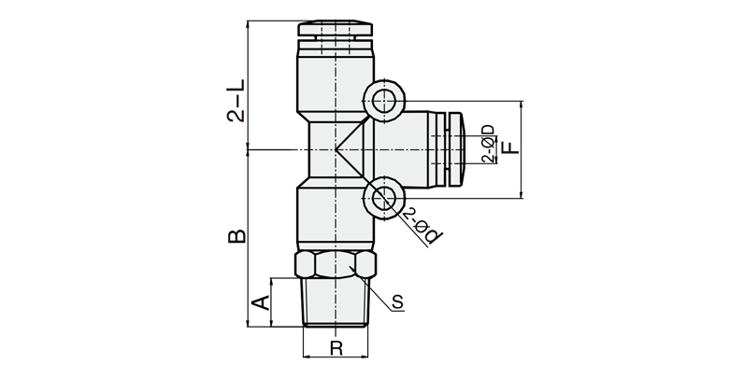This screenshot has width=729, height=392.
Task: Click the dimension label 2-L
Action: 236,101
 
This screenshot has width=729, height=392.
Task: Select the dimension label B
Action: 237,236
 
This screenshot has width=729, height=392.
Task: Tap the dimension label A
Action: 261,302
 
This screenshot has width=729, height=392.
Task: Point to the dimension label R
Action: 336,348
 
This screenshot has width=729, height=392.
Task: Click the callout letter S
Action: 397,302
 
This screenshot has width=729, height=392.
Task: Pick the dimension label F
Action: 511,147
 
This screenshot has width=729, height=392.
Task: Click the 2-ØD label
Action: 488,144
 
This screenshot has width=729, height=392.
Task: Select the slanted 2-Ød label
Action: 422,226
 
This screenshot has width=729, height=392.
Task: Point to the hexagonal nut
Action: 336,265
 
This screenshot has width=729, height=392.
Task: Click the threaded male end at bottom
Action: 336,302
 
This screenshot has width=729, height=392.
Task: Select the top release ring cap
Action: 336,28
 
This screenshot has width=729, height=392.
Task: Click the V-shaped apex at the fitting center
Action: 336,149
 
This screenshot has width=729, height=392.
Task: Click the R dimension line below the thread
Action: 336,357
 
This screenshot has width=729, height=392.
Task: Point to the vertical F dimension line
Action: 522,149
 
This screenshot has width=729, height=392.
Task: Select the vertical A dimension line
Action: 271,302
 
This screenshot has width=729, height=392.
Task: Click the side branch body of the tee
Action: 401,149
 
